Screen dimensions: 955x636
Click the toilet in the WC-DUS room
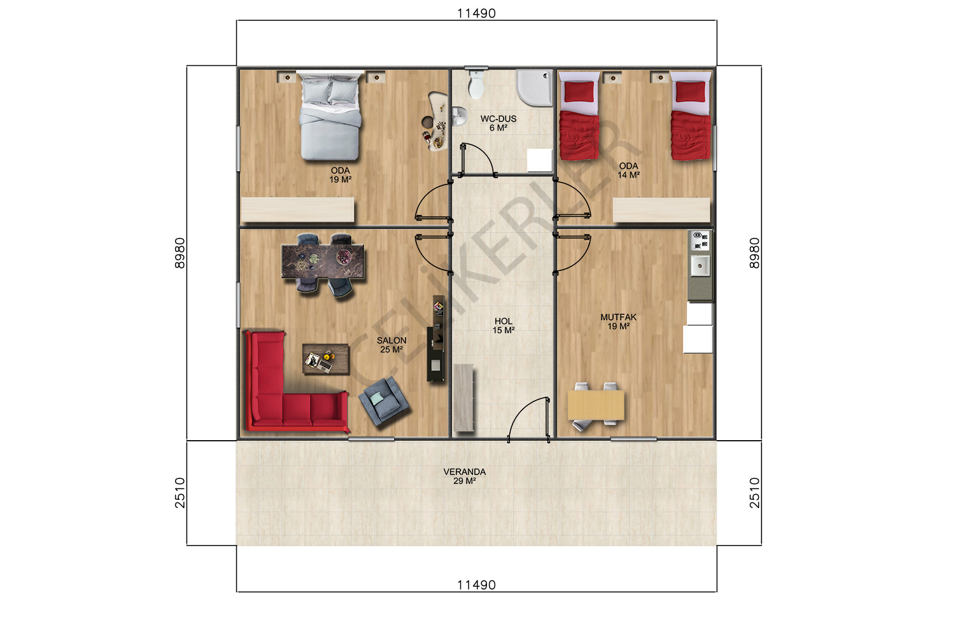click(x=476, y=85)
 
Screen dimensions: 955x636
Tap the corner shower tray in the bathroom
click(x=535, y=88)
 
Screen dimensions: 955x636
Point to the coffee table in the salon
click(x=326, y=359)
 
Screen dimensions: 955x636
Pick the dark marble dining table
click(x=323, y=261)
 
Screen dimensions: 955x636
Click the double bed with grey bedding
click(x=330, y=116)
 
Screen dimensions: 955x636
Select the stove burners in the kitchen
click(x=700, y=240)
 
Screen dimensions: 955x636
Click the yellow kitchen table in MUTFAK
click(x=596, y=405)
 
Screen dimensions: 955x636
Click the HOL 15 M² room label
click(x=504, y=326)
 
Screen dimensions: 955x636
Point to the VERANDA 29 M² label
click(x=465, y=476)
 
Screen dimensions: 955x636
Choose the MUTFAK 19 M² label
click(x=619, y=322)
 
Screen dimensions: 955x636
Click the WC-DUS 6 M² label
click(x=499, y=123)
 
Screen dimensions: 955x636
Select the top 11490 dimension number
click(x=477, y=13)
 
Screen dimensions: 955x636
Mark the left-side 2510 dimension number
click(x=180, y=493)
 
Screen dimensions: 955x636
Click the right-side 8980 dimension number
click(x=754, y=253)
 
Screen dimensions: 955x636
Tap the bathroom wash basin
click(x=459, y=116)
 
